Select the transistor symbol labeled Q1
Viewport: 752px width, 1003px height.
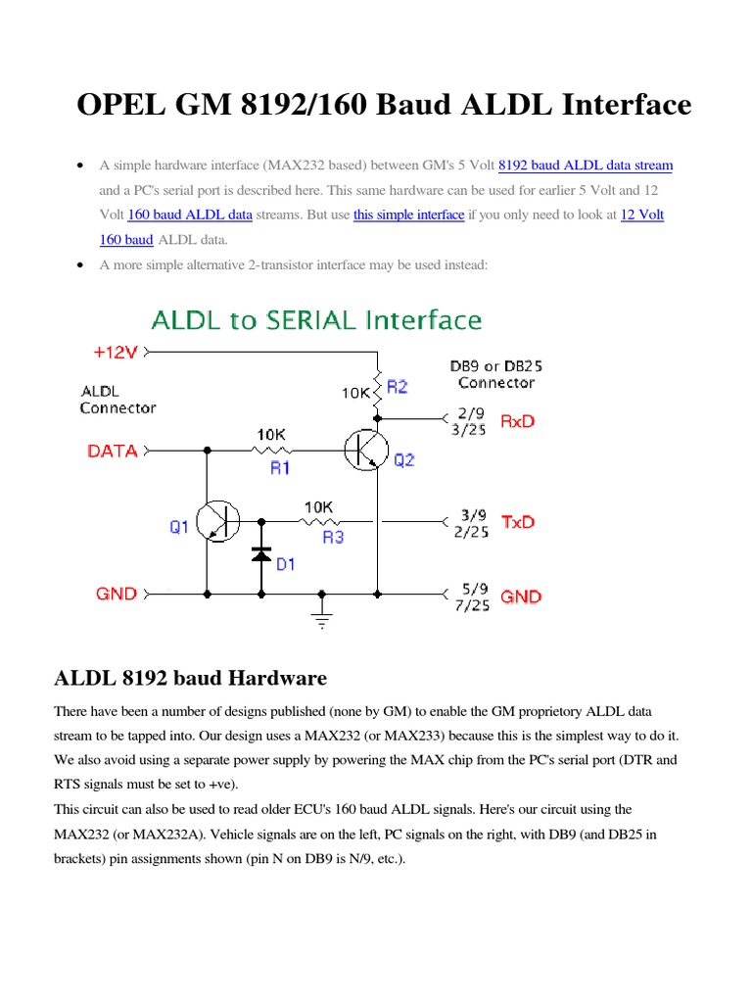pyautogui.click(x=217, y=521)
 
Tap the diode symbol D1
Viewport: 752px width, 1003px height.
pyautogui.click(x=261, y=553)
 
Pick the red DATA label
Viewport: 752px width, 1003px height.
pyautogui.click(x=112, y=452)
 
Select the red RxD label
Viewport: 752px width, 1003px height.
pyautogui.click(x=518, y=421)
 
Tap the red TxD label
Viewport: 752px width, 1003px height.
pyautogui.click(x=518, y=522)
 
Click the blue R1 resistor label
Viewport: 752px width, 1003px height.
pyautogui.click(x=280, y=468)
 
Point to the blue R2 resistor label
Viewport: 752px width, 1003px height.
pyautogui.click(x=397, y=387)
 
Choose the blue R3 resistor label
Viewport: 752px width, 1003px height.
pyautogui.click(x=333, y=537)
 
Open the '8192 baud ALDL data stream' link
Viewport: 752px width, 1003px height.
pyautogui.click(x=586, y=166)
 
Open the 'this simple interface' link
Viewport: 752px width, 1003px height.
pyautogui.click(x=408, y=215)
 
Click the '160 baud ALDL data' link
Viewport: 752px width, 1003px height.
pyautogui.click(x=190, y=215)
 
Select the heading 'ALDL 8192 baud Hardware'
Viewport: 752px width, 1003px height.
pyautogui.click(x=188, y=678)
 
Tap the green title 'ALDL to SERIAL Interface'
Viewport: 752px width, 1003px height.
pyautogui.click(x=316, y=319)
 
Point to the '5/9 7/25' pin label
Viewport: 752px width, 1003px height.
pyautogui.click(x=473, y=597)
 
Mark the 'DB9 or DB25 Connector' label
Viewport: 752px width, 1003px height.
pyautogui.click(x=496, y=373)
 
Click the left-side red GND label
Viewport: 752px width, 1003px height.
pyautogui.click(x=116, y=594)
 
